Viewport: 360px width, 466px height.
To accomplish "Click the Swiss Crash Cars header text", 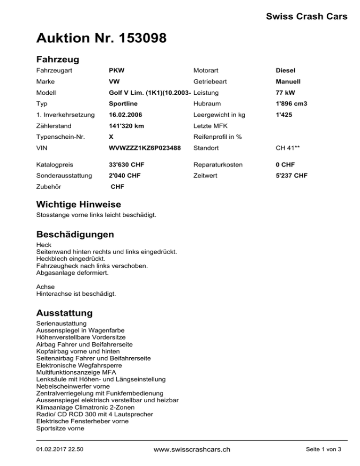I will (307, 17).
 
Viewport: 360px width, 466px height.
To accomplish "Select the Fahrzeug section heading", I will (57, 60).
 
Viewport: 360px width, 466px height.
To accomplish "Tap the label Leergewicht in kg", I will (220, 114).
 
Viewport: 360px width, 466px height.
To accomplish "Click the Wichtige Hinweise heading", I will (78, 205).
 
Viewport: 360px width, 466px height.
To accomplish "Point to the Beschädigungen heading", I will (75, 233).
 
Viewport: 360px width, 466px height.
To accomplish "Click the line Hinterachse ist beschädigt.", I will (76, 294).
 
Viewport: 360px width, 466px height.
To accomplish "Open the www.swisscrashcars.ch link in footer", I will (192, 449).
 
